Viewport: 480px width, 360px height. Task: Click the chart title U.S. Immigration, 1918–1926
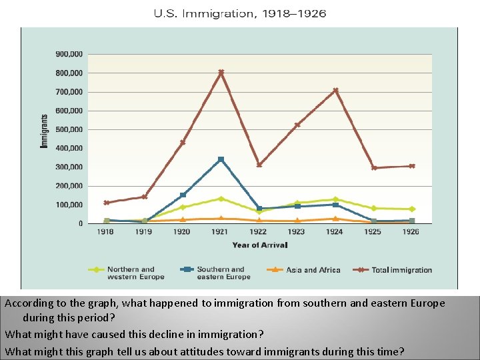[239, 13]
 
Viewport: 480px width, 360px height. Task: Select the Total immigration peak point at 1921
[221, 72]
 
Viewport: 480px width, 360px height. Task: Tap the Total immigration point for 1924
[335, 90]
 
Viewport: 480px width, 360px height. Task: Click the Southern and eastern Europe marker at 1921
[221, 159]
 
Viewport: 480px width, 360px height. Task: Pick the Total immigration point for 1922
[259, 165]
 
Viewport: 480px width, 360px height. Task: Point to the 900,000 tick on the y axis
[69, 53]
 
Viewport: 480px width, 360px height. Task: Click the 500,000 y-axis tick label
[69, 129]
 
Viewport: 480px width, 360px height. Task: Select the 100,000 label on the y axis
[69, 205]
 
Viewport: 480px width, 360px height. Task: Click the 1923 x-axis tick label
[297, 232]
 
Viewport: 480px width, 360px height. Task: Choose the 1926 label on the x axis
[411, 232]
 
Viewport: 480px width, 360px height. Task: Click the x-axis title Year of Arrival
[260, 245]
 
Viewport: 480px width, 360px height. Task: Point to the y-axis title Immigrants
[45, 131]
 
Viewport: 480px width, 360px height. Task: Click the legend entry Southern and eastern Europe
[220, 273]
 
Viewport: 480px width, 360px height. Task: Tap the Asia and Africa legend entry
[313, 270]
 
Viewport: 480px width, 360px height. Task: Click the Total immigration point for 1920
[183, 142]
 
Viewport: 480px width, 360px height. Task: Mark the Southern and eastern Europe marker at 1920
[183, 195]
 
